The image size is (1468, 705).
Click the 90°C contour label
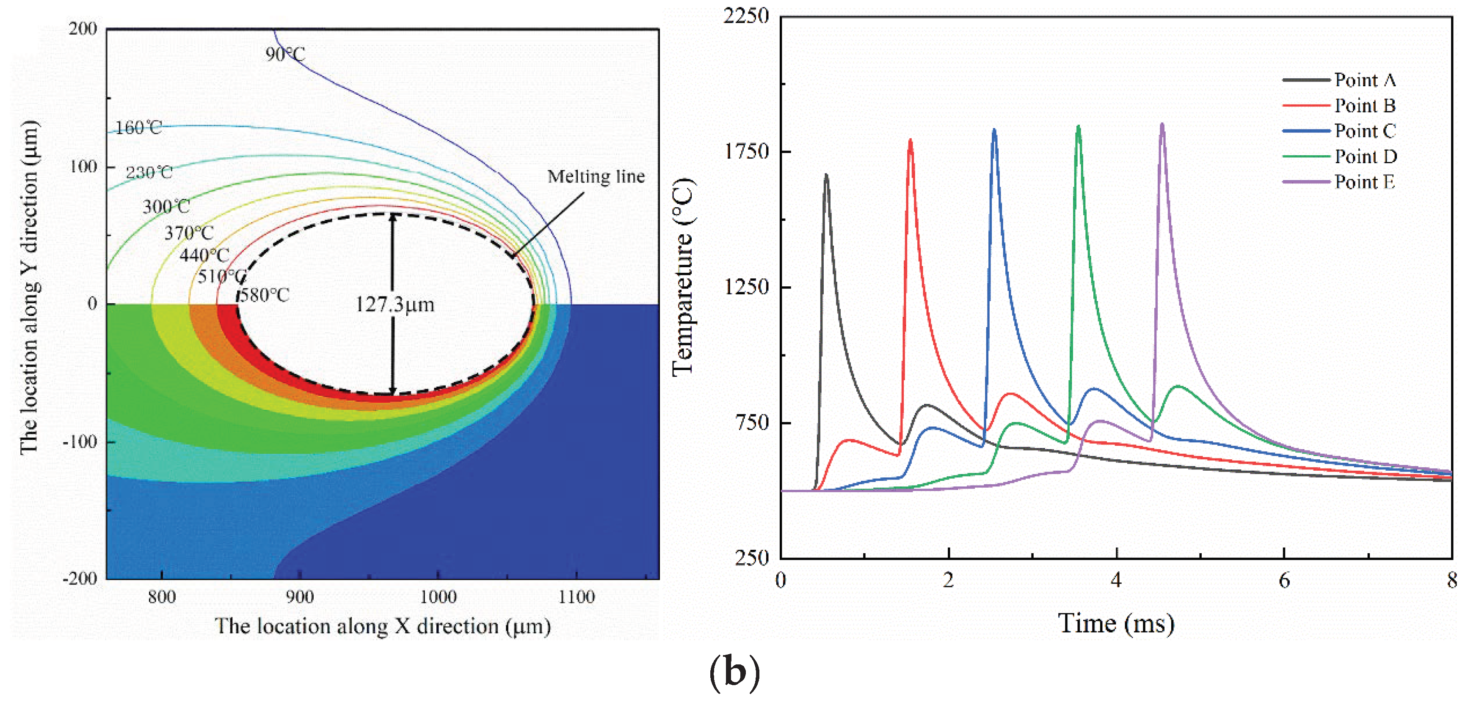pyautogui.click(x=285, y=54)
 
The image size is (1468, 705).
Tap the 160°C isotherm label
pyautogui.click(x=138, y=128)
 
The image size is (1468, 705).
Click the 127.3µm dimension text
pyautogui.click(x=395, y=304)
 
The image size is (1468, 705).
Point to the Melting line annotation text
pyautogui.click(x=596, y=176)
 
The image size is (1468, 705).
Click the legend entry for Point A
pyautogui.click(x=1365, y=80)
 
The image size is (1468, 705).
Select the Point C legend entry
pyautogui.click(x=1365, y=131)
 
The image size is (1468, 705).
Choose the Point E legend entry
pyautogui.click(x=1365, y=182)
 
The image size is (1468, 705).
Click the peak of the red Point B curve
pyautogui.click(x=910, y=140)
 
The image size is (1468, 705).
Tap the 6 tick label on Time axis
pyautogui.click(x=1284, y=580)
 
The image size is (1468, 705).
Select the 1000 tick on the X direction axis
pyautogui.click(x=438, y=597)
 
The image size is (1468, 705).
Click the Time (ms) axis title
pyautogui.click(x=1116, y=623)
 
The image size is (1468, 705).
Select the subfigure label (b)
pyautogui.click(x=734, y=672)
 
